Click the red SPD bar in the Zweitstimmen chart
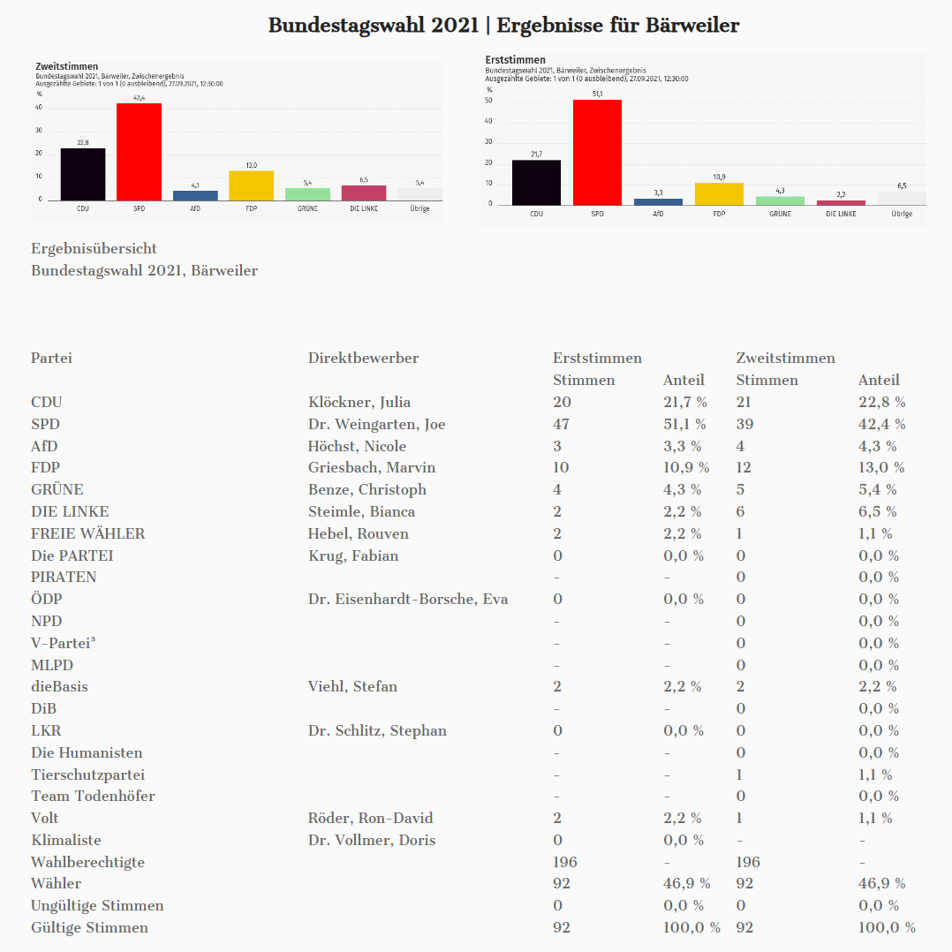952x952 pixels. pyautogui.click(x=139, y=152)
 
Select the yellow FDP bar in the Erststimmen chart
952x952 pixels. pyautogui.click(x=719, y=193)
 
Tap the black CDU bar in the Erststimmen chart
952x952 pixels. pyautogui.click(x=536, y=182)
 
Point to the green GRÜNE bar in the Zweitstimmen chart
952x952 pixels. pyautogui.click(x=307, y=194)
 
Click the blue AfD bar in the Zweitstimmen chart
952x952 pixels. pyautogui.click(x=195, y=195)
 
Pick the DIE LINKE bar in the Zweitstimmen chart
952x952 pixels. pyautogui.click(x=364, y=193)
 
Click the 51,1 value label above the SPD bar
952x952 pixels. pyautogui.click(x=598, y=94)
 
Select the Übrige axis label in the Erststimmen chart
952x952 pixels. pyautogui.click(x=902, y=214)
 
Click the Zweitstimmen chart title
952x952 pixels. pyautogui.click(x=66, y=66)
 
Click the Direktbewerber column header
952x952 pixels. pyautogui.click(x=363, y=358)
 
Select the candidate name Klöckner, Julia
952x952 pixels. pyautogui.click(x=359, y=402)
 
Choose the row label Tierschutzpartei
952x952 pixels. pyautogui.click(x=87, y=774)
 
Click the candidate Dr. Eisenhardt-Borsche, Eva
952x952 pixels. pyautogui.click(x=408, y=599)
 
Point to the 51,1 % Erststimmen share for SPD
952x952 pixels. pyautogui.click(x=685, y=424)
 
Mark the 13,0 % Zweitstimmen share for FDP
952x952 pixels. pyautogui.click(x=881, y=467)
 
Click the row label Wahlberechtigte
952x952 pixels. pyautogui.click(x=87, y=862)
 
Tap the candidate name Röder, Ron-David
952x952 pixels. pyautogui.click(x=370, y=818)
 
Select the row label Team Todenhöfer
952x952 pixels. pyautogui.click(x=93, y=796)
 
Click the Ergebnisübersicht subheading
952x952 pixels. pyautogui.click(x=94, y=249)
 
